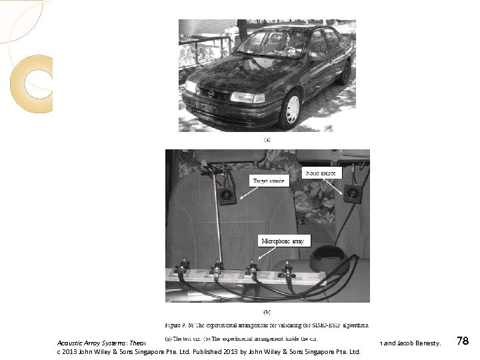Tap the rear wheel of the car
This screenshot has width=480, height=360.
pyautogui.click(x=345, y=71)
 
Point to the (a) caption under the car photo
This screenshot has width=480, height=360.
pyautogui.click(x=267, y=140)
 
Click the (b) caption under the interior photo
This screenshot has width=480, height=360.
pyautogui.click(x=267, y=311)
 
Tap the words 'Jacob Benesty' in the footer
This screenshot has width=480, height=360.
pyautogui.click(x=419, y=343)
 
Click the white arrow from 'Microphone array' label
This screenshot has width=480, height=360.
pyautogui.click(x=263, y=253)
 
